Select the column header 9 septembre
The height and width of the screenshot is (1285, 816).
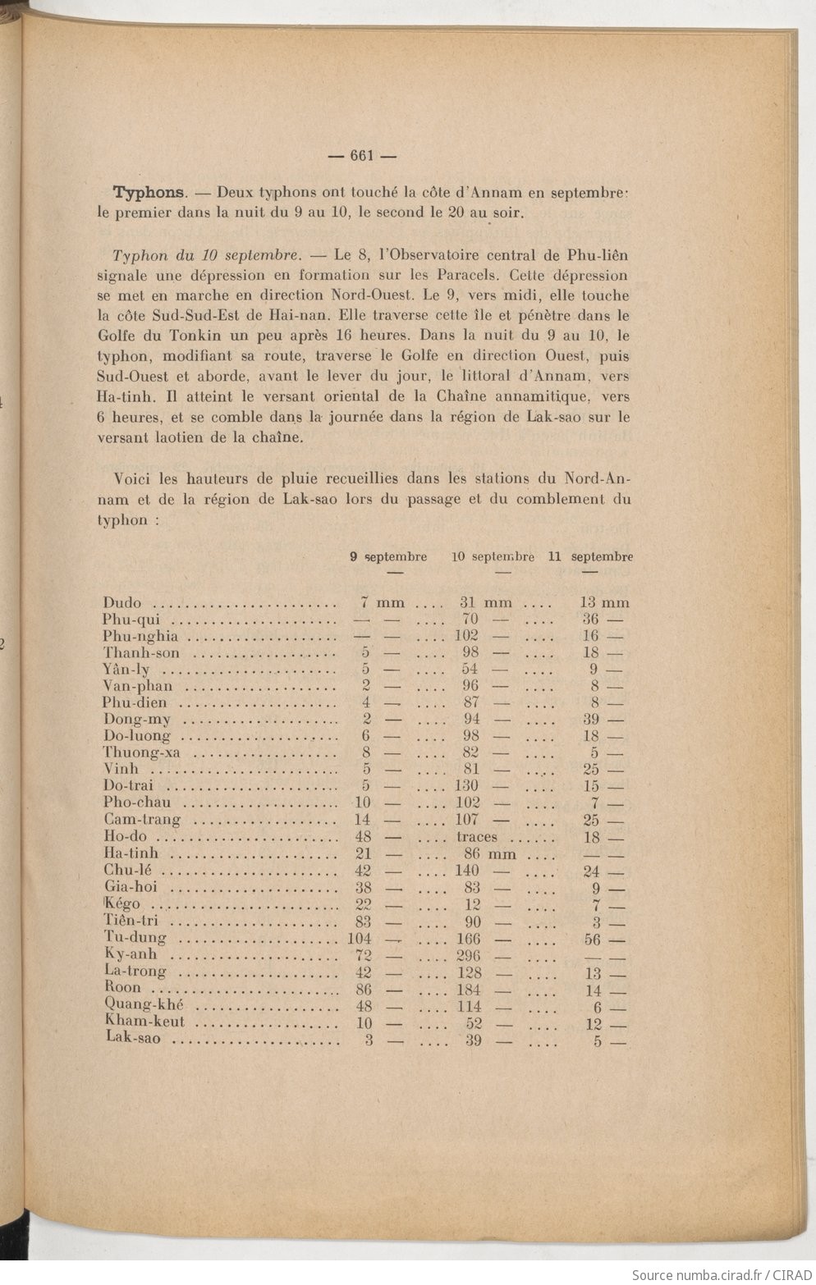[388, 556]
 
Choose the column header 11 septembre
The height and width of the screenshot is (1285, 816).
[590, 556]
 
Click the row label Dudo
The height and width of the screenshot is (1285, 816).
[122, 603]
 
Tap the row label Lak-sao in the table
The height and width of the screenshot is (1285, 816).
[133, 1039]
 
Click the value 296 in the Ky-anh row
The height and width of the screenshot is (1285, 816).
[468, 956]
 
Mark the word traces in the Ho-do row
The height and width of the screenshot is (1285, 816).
[477, 837]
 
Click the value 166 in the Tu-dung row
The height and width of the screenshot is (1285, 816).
[468, 939]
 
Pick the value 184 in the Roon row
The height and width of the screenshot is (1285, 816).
[468, 990]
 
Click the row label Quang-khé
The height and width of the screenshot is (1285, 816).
[144, 1005]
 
